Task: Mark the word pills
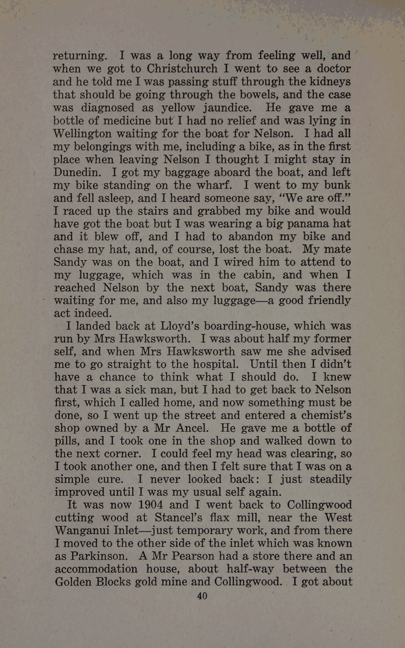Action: (x=69, y=441)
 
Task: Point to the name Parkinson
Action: (x=98, y=556)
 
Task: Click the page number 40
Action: (x=202, y=596)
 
